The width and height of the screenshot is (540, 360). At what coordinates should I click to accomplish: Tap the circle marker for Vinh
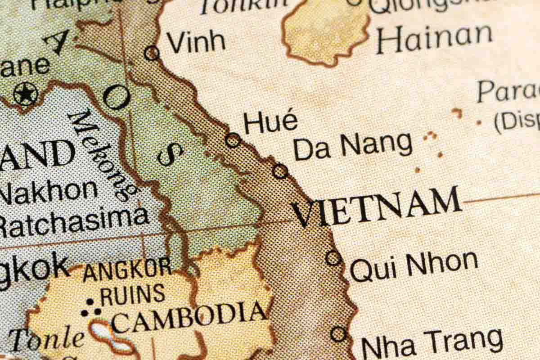click(x=152, y=53)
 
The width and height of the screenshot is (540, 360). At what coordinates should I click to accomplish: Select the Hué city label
click(x=270, y=122)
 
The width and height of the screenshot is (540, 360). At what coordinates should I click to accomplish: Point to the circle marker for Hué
click(x=233, y=140)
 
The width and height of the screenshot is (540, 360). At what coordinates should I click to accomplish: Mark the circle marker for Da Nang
click(x=280, y=171)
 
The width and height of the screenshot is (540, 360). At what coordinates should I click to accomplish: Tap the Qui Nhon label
click(x=414, y=266)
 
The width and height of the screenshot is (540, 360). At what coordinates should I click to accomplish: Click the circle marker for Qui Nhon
click(x=333, y=258)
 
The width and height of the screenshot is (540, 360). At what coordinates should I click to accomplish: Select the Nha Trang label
click(x=432, y=343)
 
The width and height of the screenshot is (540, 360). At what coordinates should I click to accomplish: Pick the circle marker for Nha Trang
click(x=338, y=334)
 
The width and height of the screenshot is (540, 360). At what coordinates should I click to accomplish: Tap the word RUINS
click(x=132, y=294)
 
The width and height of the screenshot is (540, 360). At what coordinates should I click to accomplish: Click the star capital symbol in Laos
click(x=25, y=94)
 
